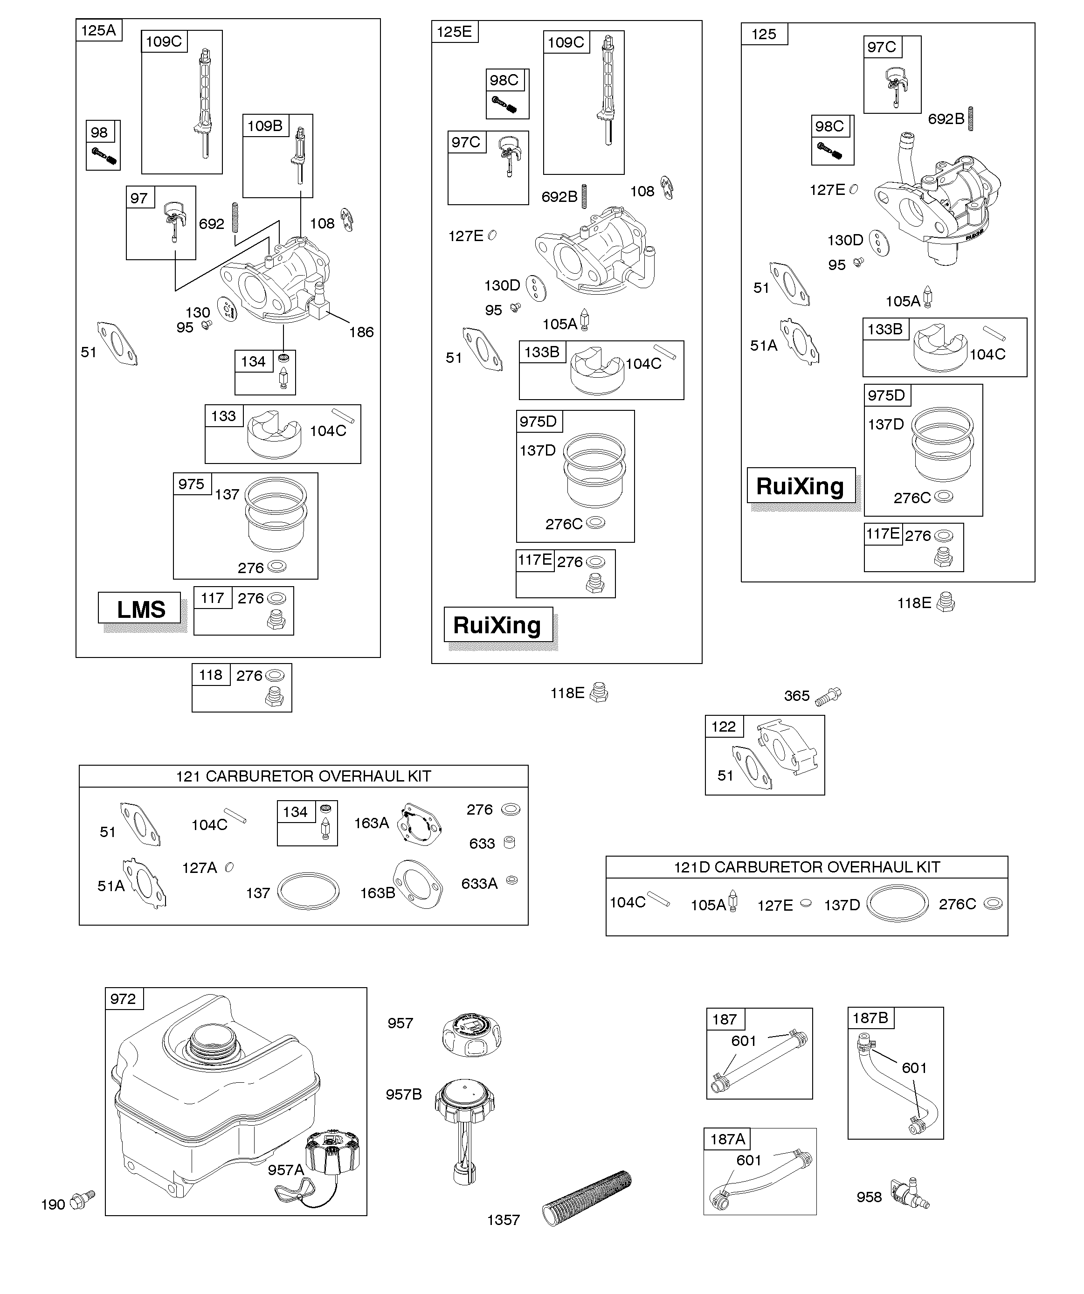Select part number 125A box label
click(x=98, y=30)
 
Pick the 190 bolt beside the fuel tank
click(x=82, y=1200)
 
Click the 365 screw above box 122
click(x=829, y=696)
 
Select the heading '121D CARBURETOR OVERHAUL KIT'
click(x=807, y=867)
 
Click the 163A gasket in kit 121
click(x=419, y=824)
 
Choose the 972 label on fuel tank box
click(x=123, y=999)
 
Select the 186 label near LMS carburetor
click(x=361, y=332)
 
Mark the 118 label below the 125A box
click(x=211, y=675)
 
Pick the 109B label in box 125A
click(x=264, y=126)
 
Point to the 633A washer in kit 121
click(x=511, y=880)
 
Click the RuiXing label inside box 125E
click(x=497, y=625)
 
